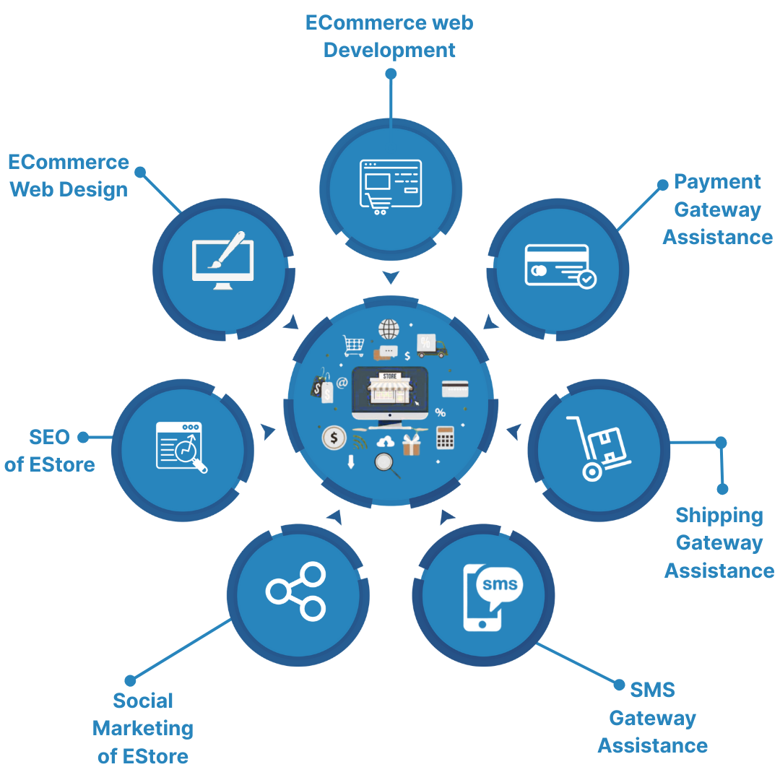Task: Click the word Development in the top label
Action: click(x=389, y=51)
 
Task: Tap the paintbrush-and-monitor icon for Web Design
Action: click(x=222, y=260)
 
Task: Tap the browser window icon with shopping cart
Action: click(x=390, y=186)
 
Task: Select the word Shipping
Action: click(x=719, y=515)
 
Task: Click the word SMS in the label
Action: click(x=652, y=690)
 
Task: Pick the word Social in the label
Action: click(x=143, y=701)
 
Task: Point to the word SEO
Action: click(x=49, y=437)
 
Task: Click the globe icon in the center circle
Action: click(x=389, y=329)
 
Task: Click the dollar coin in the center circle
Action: click(x=334, y=437)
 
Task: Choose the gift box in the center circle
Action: click(x=411, y=445)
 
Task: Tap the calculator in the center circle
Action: click(x=445, y=437)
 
